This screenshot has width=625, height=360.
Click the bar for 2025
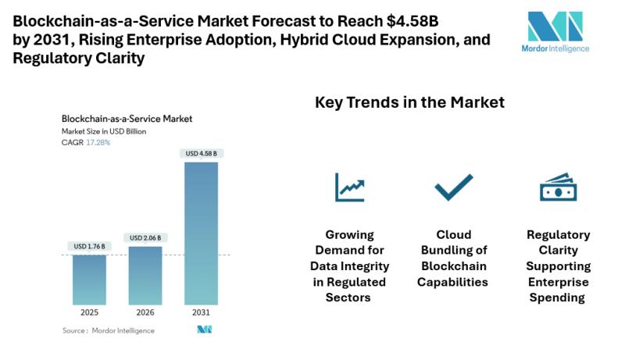(x=89, y=279)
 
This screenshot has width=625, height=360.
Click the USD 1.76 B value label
(x=89, y=247)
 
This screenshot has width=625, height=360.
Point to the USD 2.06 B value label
(x=145, y=237)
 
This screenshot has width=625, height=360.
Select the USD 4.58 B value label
(x=201, y=153)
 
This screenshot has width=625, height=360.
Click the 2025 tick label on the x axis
(x=89, y=312)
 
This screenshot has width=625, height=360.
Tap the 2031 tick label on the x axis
(x=201, y=312)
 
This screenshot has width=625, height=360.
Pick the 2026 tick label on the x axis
(x=145, y=312)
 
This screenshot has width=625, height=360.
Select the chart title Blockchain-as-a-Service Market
(x=127, y=119)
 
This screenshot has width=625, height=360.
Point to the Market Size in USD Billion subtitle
(x=104, y=131)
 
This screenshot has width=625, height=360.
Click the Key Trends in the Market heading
(x=409, y=102)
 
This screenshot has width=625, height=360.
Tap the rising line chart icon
(x=350, y=187)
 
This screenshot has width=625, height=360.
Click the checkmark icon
(x=454, y=187)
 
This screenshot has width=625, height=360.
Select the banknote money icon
(x=558, y=188)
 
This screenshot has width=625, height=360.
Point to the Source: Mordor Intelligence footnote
(x=109, y=330)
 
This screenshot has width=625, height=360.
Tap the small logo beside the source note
(x=205, y=330)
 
